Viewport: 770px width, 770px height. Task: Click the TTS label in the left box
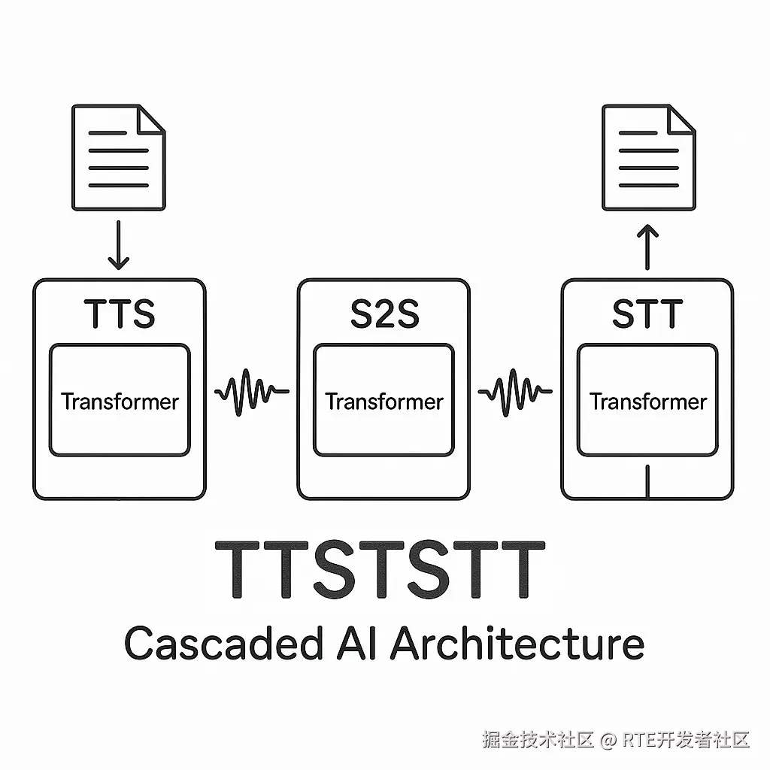(120, 314)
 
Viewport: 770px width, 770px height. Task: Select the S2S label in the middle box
(383, 314)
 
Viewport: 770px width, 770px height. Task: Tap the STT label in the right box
(647, 314)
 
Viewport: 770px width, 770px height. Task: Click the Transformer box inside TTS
(120, 400)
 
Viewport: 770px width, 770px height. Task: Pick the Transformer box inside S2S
(383, 400)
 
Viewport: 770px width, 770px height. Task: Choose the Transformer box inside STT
(647, 400)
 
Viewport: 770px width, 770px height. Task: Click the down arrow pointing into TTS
(119, 244)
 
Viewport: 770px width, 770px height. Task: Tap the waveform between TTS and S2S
(251, 391)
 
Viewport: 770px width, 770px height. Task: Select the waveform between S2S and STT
(516, 391)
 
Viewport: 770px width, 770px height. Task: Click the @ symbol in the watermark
(608, 740)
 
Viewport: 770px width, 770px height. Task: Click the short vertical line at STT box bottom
(647, 482)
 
